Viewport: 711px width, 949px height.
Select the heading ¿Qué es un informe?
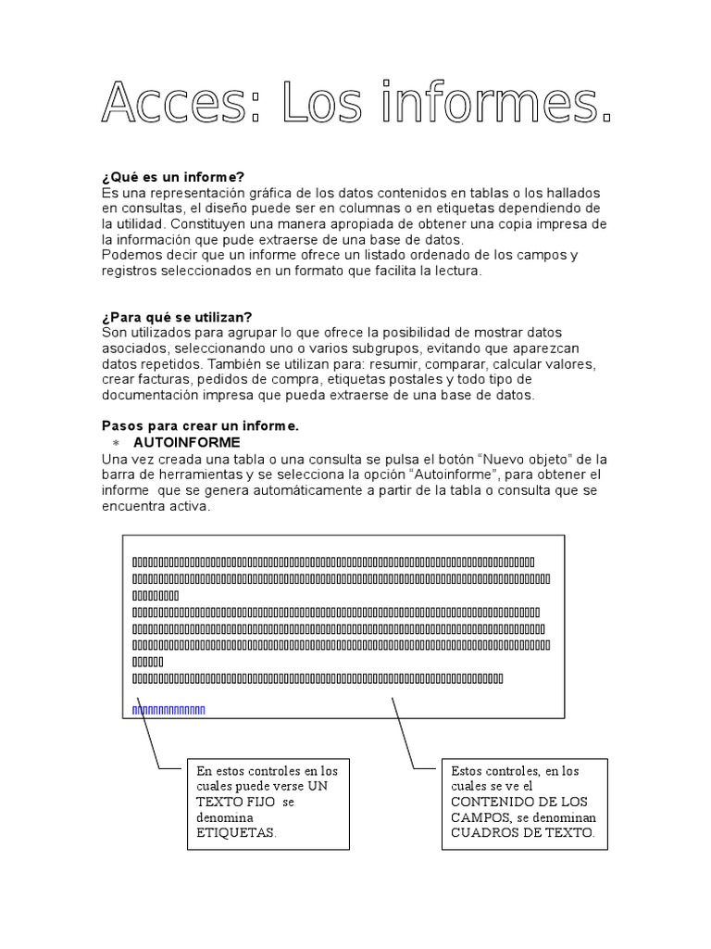coord(173,178)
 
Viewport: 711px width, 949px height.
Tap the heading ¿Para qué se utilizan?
coord(176,317)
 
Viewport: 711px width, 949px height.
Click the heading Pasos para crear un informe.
coord(200,425)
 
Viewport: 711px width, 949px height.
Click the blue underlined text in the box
coord(168,711)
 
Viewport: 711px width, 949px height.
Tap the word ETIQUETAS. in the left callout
coord(236,832)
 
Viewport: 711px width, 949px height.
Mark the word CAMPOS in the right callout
coord(480,817)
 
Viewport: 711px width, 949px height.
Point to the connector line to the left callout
coord(147,732)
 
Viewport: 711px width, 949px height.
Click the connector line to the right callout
coord(403,732)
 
